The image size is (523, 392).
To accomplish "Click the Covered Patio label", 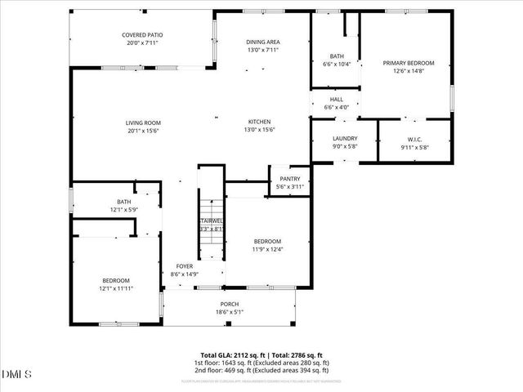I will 142,35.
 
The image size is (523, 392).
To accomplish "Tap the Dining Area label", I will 263,42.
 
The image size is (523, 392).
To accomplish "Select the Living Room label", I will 142,122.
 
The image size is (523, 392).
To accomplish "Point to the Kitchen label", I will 259,122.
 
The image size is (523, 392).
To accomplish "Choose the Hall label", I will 337,99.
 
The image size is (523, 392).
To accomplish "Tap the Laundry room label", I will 345,139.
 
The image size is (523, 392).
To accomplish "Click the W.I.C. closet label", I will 414,139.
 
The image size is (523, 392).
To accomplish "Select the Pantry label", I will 290,179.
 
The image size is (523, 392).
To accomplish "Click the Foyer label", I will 185,266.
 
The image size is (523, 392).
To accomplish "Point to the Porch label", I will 230,304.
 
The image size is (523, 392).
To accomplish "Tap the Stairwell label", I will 211,220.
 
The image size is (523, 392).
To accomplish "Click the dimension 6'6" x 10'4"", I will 337,64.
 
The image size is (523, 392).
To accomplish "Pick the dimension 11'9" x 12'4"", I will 267,249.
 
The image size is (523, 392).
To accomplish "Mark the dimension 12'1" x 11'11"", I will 115,287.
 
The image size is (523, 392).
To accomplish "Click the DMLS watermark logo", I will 16,374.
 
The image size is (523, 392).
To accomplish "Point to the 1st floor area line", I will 261,363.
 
